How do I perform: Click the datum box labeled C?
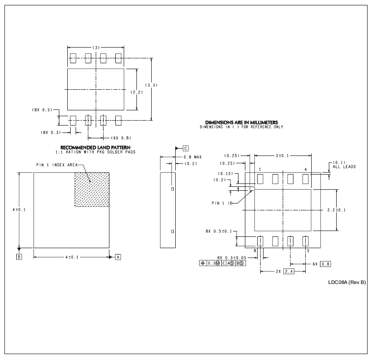[186, 149]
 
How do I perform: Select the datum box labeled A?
[118, 257]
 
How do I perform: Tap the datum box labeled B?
[19, 257]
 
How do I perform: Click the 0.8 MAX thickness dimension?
[193, 157]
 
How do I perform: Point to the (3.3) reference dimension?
[151, 85]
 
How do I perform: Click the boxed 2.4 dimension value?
[289, 271]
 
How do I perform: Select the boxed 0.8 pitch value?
[325, 264]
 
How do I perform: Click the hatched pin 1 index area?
[92, 189]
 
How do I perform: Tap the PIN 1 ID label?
[222, 203]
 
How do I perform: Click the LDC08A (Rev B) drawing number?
[347, 282]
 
